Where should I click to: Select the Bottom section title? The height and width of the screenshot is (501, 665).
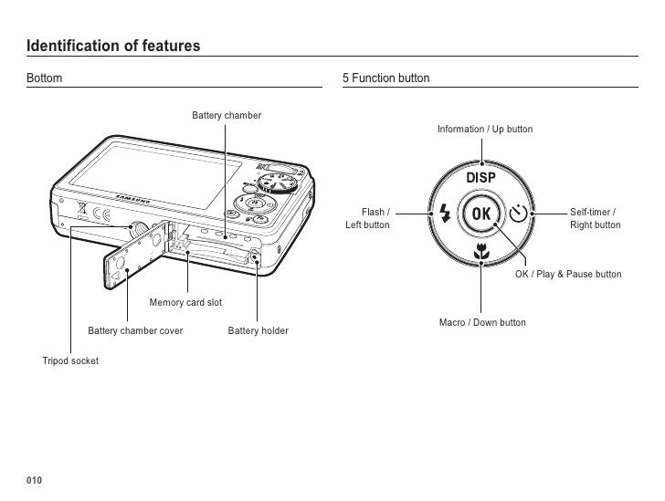tap(45, 79)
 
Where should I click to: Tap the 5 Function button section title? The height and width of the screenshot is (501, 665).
tap(385, 79)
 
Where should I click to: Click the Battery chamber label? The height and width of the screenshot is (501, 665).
tap(227, 116)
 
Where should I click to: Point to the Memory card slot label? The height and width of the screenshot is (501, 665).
tap(185, 302)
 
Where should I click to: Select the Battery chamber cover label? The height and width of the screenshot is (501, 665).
tap(135, 330)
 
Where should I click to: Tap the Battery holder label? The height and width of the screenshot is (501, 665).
tap(258, 330)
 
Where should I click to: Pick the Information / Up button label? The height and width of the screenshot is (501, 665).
tap(484, 130)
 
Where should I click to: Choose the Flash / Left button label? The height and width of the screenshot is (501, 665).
tap(367, 219)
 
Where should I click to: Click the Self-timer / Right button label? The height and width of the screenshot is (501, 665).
tap(595, 219)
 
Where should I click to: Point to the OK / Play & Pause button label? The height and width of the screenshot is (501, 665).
tap(568, 274)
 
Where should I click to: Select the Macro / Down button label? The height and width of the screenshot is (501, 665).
tap(482, 323)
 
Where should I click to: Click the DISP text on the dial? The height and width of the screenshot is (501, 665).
tap(481, 177)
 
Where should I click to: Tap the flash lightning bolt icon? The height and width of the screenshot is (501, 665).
tap(445, 214)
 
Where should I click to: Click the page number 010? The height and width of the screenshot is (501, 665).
tap(35, 481)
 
